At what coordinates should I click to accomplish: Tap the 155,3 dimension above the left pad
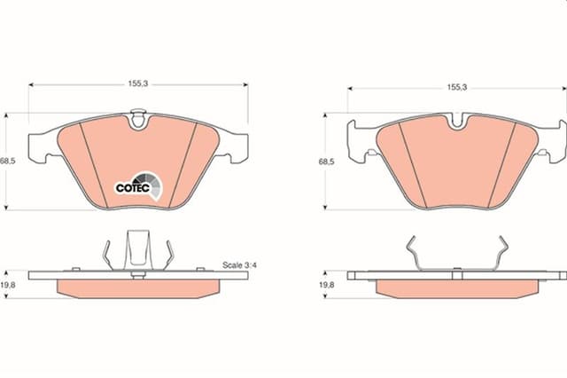point(138,83)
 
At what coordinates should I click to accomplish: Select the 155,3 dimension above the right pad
point(457,87)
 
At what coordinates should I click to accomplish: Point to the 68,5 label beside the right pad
point(326,161)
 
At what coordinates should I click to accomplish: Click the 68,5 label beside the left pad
point(8,161)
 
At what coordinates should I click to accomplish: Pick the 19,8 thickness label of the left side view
point(8,285)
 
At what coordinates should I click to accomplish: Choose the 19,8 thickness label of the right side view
point(327,285)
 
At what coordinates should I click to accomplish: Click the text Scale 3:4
point(239,265)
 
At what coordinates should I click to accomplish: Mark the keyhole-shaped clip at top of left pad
point(138,118)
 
